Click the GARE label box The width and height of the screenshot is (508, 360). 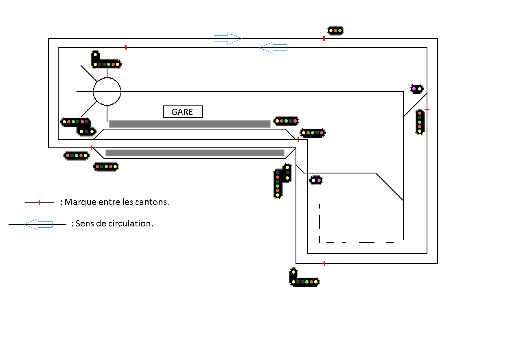[x=183, y=112]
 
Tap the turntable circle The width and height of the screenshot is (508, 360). [x=107, y=92]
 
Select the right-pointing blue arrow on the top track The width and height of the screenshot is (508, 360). [x=228, y=39]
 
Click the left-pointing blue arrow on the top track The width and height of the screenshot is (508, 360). [x=274, y=48]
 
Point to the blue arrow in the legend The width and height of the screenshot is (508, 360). [x=39, y=224]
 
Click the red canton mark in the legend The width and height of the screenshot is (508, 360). [x=39, y=202]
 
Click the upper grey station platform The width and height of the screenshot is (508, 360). [x=190, y=124]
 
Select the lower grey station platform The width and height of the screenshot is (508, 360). [x=195, y=153]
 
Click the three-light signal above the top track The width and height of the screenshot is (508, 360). [x=335, y=31]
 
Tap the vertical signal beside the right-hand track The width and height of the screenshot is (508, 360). [x=420, y=122]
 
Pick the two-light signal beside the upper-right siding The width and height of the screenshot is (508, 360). [x=417, y=88]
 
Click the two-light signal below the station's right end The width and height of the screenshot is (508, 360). [x=316, y=180]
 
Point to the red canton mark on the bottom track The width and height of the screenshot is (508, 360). [x=324, y=263]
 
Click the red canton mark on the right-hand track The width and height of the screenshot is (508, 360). [x=427, y=110]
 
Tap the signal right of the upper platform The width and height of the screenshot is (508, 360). [x=286, y=121]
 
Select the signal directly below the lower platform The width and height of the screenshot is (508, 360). [x=106, y=167]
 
